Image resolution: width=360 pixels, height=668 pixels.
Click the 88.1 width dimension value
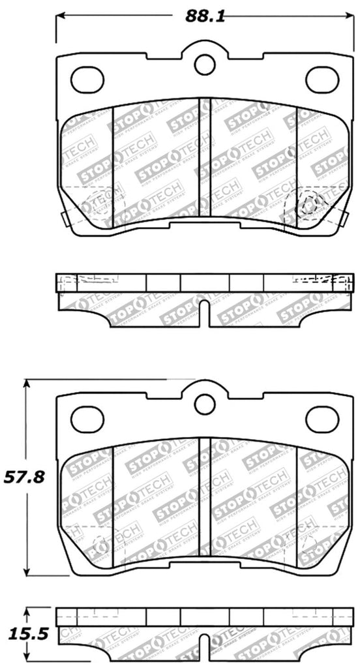pyautogui.click(x=205, y=18)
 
